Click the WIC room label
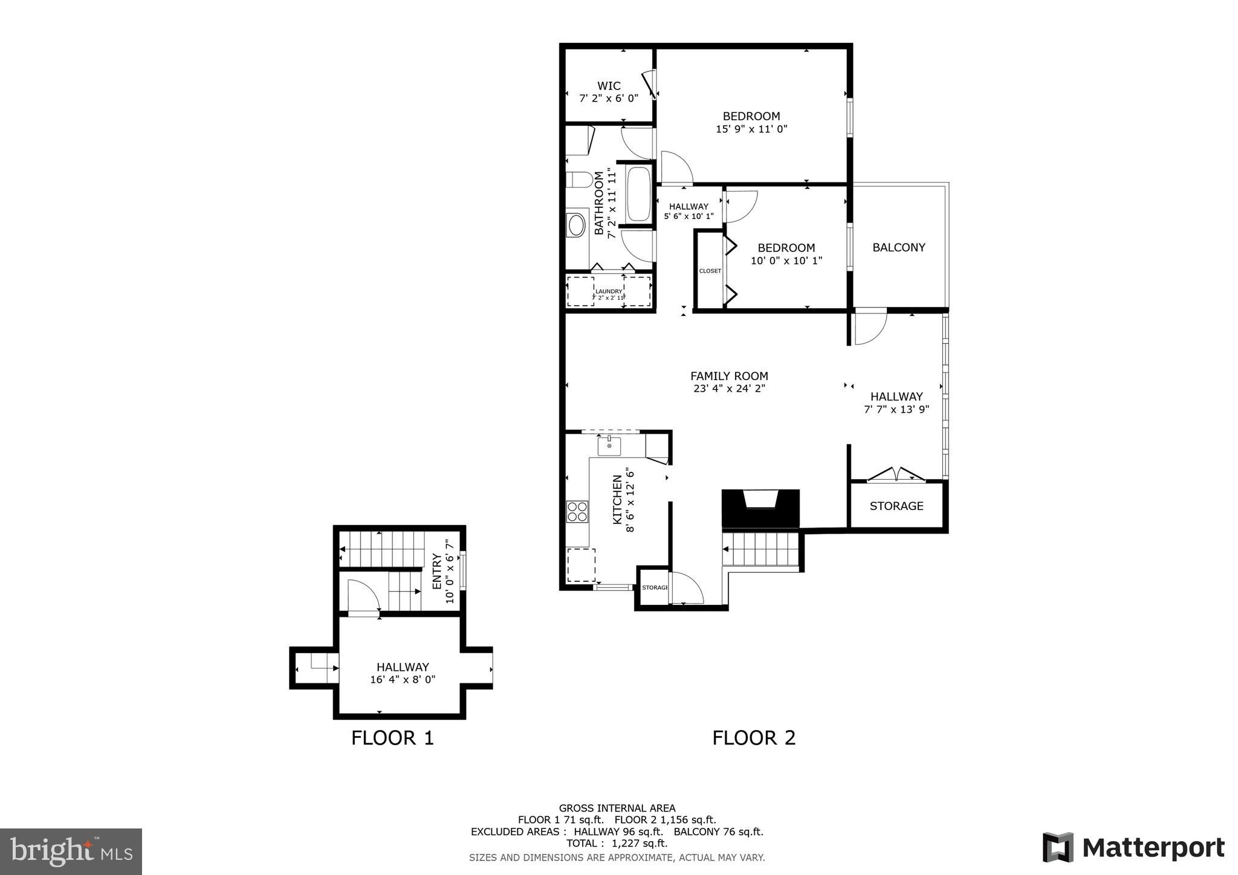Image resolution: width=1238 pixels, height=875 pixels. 608,86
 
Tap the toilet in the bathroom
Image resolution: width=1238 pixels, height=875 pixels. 579,179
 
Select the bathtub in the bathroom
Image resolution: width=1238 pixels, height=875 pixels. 638,195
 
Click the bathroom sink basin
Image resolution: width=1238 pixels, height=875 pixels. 577,225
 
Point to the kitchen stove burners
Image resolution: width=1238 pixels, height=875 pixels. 577,511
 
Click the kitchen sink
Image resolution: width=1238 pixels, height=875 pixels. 609,446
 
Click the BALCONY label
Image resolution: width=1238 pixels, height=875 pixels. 898,247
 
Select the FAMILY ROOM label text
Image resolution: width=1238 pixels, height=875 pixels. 729,376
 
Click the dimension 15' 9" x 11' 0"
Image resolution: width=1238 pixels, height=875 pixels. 751,129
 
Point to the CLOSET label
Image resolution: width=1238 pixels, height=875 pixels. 710,271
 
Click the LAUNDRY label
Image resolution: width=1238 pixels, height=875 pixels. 608,291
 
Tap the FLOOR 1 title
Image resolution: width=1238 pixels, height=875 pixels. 392,738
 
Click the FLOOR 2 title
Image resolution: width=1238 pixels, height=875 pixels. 753,738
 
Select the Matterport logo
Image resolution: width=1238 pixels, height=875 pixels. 1133,847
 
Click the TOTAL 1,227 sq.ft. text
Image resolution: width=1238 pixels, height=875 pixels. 617,843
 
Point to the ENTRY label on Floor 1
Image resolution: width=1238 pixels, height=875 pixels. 436,571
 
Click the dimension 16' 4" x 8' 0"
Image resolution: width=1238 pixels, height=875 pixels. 403,679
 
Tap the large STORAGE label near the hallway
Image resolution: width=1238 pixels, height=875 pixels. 896,506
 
